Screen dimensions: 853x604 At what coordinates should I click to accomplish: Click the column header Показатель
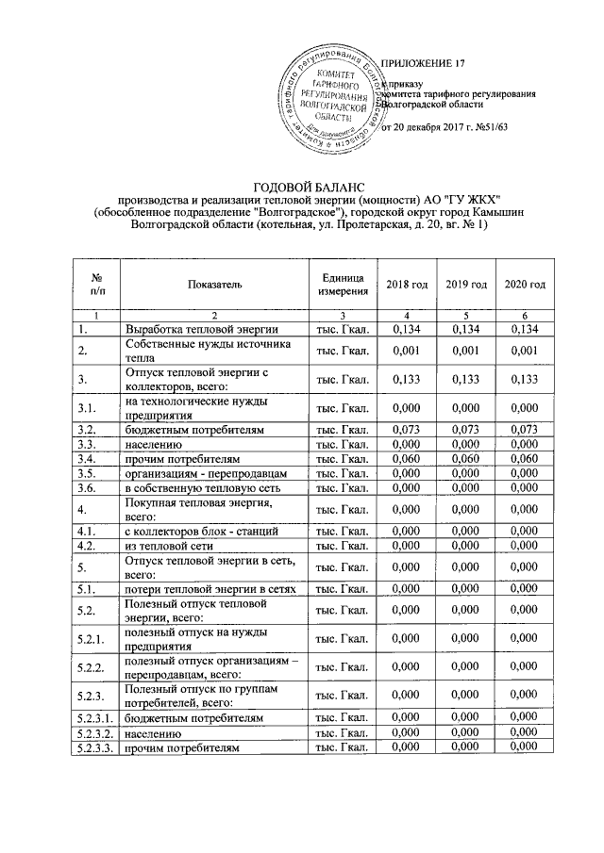(x=215, y=285)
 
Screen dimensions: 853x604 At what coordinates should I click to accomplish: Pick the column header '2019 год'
(x=465, y=285)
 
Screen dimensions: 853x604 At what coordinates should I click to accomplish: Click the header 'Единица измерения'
(x=342, y=285)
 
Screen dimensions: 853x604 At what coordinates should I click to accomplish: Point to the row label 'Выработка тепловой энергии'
(x=201, y=328)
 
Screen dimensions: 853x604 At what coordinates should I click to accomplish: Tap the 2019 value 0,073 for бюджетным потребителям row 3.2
(x=465, y=430)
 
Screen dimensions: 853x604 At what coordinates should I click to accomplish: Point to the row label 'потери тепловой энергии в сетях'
(x=212, y=587)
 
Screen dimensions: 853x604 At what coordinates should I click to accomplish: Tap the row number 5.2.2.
(x=91, y=667)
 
